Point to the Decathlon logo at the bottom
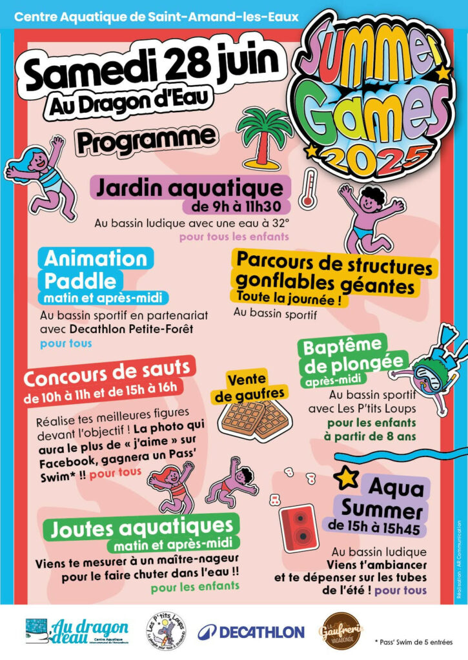[x=251, y=632]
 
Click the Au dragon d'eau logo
[x=77, y=631]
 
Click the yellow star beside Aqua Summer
[x=347, y=478]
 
